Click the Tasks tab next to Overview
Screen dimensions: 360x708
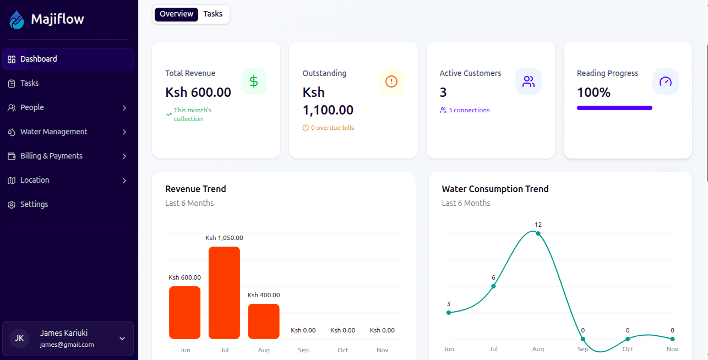tap(213, 14)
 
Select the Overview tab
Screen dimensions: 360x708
tap(176, 14)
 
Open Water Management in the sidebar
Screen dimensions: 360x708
tap(54, 132)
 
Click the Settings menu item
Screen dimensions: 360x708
tap(34, 204)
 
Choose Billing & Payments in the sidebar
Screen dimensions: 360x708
tap(51, 156)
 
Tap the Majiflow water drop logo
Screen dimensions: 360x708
tap(17, 20)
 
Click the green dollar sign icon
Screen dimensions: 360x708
tap(254, 81)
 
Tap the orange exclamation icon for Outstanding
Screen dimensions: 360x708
tap(391, 81)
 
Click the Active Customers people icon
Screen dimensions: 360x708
tap(529, 81)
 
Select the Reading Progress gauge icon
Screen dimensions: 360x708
tap(666, 81)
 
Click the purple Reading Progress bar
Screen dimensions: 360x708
tap(614, 108)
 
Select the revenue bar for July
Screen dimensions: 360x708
tap(224, 293)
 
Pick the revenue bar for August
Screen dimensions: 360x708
tap(264, 321)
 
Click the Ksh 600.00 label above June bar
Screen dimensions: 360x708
tap(184, 277)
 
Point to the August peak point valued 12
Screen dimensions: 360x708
tap(538, 233)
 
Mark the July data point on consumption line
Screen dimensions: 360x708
tap(493, 286)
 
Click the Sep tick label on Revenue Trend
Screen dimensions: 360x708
tap(303, 350)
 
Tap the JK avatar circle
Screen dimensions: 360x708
tap(19, 338)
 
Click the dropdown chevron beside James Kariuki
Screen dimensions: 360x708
tap(122, 338)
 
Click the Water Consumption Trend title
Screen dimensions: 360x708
tap(495, 189)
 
